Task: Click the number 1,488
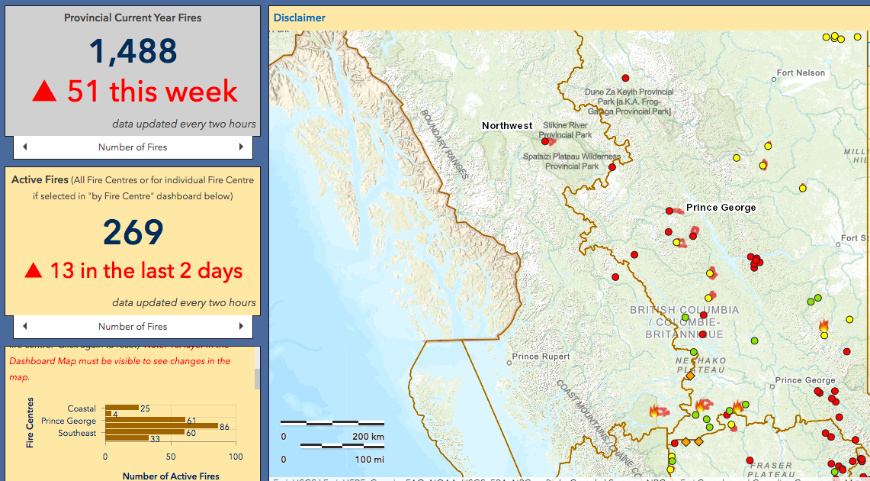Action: tap(133, 52)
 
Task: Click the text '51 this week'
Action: tap(152, 92)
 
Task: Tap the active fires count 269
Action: tap(133, 232)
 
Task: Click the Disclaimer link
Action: tap(299, 18)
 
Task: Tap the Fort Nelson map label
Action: tap(801, 73)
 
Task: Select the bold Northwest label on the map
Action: tap(507, 125)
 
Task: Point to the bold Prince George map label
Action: tap(721, 207)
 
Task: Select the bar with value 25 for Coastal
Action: tap(121, 408)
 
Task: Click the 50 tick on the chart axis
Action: tap(171, 457)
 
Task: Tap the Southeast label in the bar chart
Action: tap(77, 433)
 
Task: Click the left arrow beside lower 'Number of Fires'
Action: tap(24, 326)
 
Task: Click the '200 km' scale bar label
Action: tap(368, 437)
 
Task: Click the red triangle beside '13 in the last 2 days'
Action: tap(33, 271)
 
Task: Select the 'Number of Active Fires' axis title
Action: tap(171, 476)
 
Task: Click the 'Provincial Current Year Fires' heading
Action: tap(133, 18)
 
